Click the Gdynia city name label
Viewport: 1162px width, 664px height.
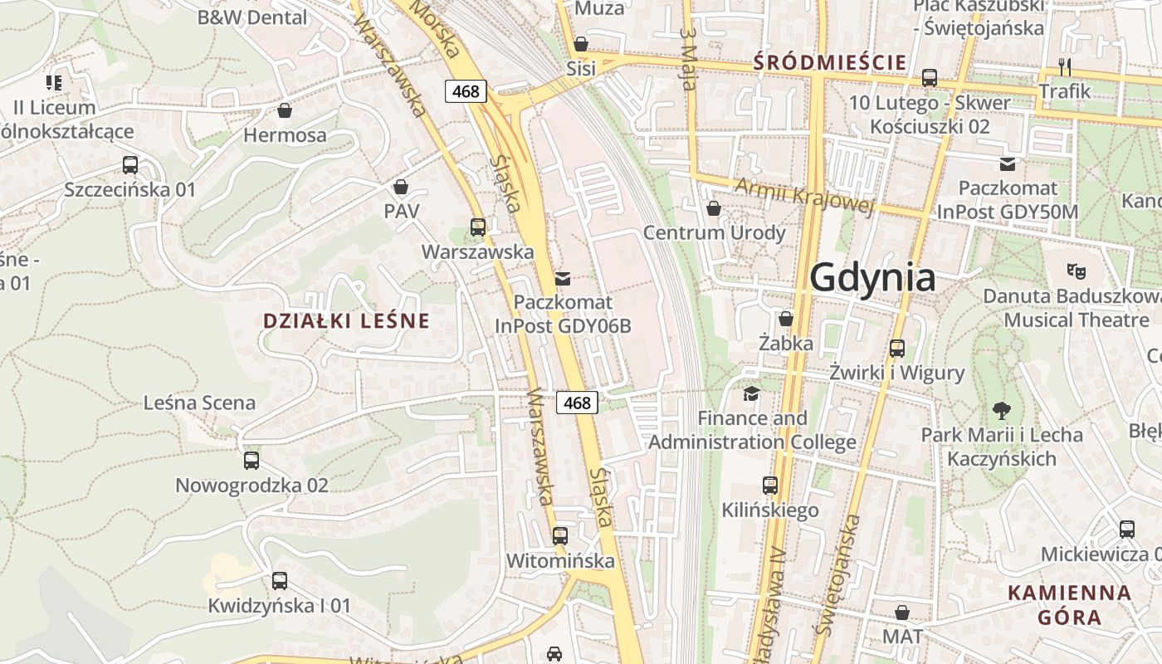tap(872, 277)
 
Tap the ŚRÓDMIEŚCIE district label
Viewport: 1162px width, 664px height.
tap(829, 62)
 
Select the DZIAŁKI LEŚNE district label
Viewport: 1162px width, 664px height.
tap(346, 320)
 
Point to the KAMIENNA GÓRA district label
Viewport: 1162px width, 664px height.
tap(1070, 605)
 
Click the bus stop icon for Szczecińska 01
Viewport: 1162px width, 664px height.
tap(130, 164)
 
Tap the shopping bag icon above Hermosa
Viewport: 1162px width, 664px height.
tap(285, 110)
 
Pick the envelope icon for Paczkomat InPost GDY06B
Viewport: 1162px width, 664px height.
tap(563, 278)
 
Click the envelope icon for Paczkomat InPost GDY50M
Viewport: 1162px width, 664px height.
tap(1008, 164)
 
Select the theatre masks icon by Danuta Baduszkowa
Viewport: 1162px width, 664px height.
tap(1077, 271)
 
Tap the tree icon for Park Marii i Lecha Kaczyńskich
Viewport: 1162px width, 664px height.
tap(1002, 409)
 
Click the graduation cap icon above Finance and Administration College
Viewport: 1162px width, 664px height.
tap(751, 393)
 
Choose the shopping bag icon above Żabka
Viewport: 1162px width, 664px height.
tap(786, 319)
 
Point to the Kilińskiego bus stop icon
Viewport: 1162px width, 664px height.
tap(770, 486)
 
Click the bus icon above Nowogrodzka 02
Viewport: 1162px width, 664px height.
tap(251, 460)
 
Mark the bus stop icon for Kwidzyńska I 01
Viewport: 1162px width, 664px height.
tap(280, 581)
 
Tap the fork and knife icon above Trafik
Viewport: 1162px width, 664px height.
tap(1065, 66)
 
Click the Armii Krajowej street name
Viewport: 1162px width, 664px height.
tap(804, 196)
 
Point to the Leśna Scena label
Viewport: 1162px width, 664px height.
tap(199, 403)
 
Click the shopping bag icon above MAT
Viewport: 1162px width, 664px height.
tap(902, 613)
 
